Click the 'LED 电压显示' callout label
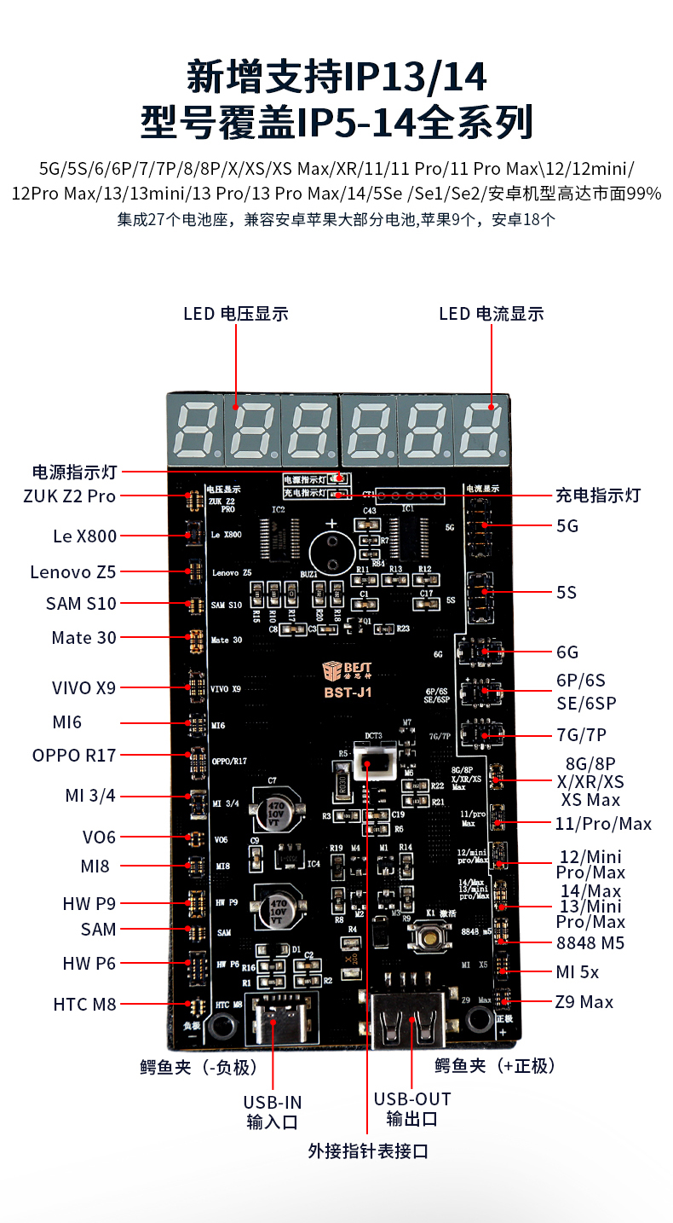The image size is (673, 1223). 236,314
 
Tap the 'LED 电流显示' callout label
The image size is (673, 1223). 492,314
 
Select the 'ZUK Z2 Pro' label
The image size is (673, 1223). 70,496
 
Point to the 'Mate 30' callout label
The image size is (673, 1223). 83,638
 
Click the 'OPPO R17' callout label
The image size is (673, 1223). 74,755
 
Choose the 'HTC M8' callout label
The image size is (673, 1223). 84,1004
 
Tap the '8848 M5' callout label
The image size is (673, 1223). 590,942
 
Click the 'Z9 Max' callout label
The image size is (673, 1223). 584,1002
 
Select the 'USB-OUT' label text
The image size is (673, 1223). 412,1099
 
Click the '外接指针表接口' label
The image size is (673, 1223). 368,1151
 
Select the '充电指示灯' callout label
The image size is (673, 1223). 597,496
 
